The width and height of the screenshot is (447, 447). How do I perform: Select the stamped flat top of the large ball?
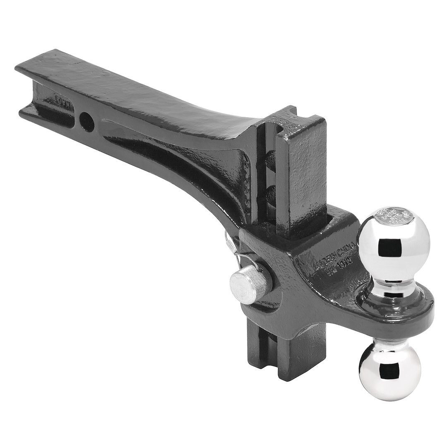391,216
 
